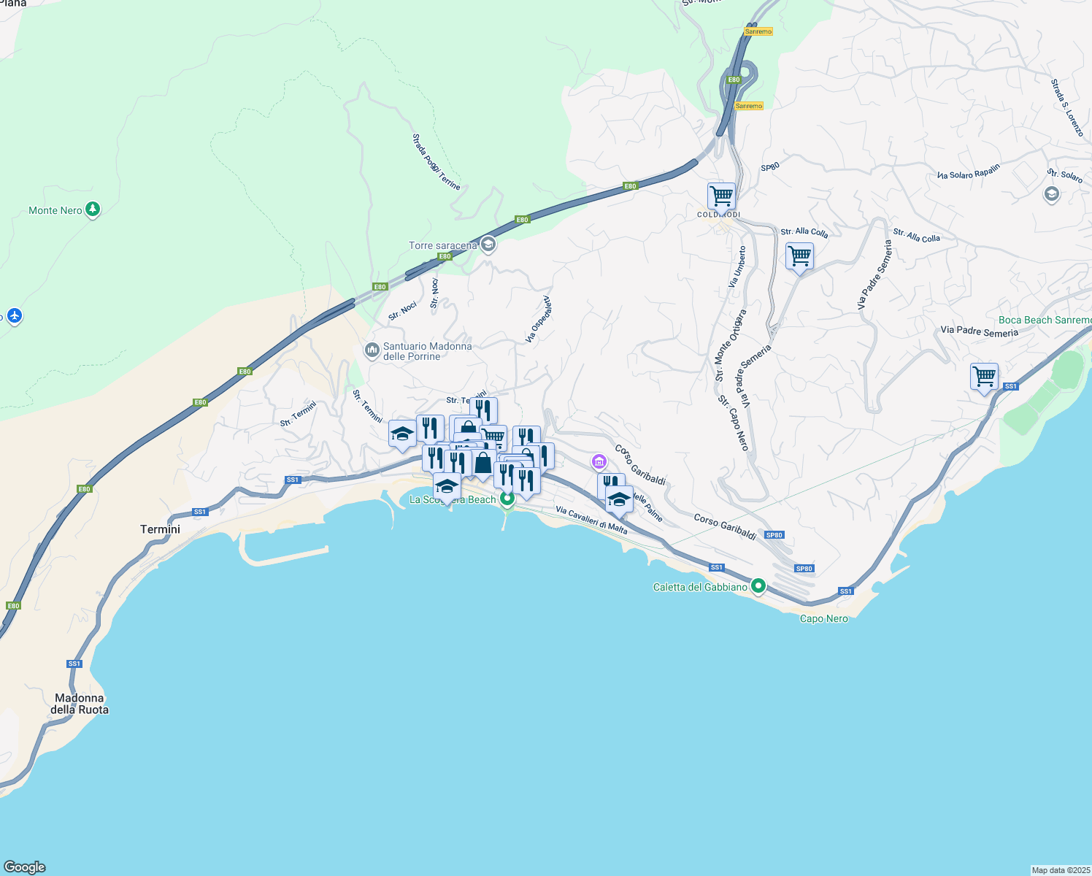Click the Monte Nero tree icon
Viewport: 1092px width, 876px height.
tap(93, 210)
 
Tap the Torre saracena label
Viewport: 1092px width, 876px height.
tap(442, 246)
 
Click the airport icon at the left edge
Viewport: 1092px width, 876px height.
tap(15, 316)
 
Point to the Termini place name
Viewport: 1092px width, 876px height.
tap(160, 529)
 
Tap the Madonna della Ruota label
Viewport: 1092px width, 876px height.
tap(80, 704)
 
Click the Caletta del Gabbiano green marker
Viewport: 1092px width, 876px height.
tap(758, 586)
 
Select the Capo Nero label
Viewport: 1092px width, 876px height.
tap(824, 619)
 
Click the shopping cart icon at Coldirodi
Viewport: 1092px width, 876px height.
tap(721, 196)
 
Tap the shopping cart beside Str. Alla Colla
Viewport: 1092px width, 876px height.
tap(799, 256)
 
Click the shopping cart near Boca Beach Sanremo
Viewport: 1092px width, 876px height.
tap(984, 377)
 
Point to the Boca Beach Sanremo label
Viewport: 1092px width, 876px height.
tap(1045, 320)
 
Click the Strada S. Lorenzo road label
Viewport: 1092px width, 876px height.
tap(1067, 108)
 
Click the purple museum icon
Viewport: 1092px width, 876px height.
tap(599, 461)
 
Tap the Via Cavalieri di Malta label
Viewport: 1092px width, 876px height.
tap(591, 520)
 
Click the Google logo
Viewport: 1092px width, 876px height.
tap(24, 867)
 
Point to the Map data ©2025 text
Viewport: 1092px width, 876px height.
tap(1061, 870)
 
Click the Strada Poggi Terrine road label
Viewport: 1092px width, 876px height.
tap(436, 161)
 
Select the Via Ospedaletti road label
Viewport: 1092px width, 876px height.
tap(538, 320)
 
